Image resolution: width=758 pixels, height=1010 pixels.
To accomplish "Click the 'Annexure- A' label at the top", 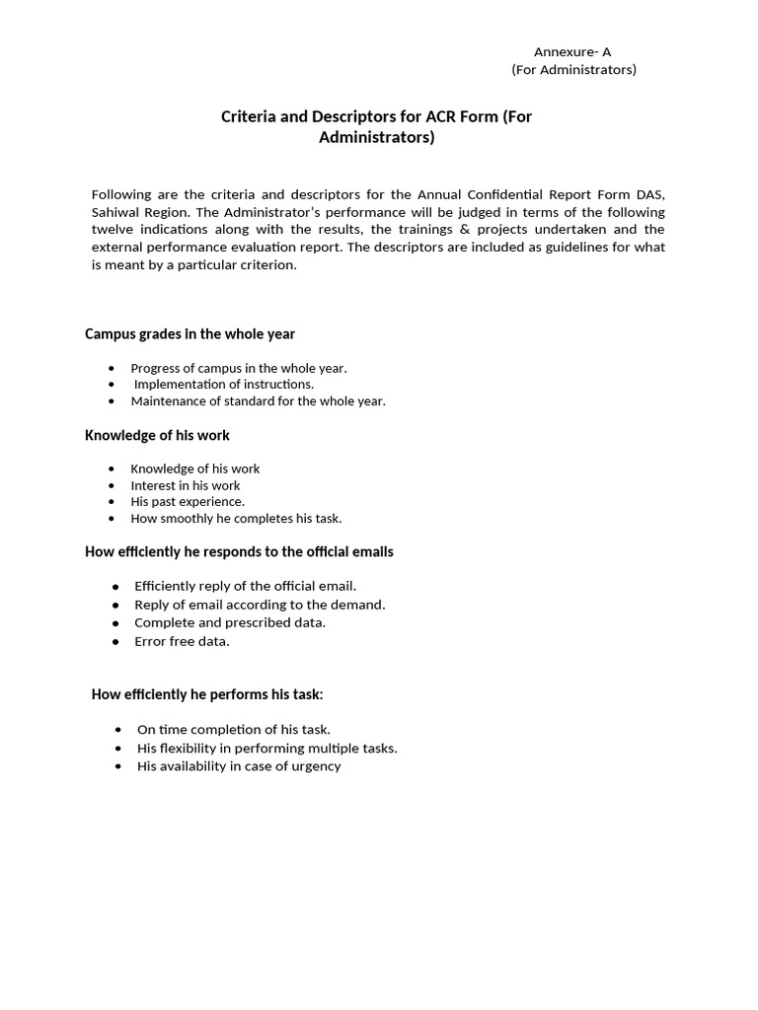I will pos(572,52).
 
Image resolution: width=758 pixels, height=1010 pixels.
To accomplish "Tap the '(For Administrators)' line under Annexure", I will pos(573,69).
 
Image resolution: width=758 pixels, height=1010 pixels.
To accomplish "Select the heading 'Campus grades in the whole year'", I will pos(189,334).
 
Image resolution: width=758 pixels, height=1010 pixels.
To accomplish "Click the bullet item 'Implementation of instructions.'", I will pos(224,385).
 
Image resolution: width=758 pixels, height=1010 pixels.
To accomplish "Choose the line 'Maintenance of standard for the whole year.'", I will pos(258,401).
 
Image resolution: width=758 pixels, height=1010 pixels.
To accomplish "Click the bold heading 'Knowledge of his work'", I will pos(157,435).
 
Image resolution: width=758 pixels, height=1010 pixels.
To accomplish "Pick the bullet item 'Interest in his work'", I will pos(186,485).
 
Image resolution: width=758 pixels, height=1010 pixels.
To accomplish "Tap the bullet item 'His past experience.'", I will pos(188,501).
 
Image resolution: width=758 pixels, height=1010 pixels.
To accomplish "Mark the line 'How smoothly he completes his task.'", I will pos(236,518).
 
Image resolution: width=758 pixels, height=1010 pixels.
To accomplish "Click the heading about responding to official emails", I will pos(239,552).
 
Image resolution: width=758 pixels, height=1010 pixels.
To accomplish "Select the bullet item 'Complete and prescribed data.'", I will pos(230,622).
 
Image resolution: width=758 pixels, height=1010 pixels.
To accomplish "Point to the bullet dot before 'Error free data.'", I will pos(115,642).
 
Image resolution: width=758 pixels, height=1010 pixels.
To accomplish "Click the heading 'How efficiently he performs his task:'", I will pos(207,694).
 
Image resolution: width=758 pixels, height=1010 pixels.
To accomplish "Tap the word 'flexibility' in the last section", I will pos(194,748).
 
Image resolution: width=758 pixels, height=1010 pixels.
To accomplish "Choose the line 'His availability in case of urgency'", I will pos(239,766).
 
